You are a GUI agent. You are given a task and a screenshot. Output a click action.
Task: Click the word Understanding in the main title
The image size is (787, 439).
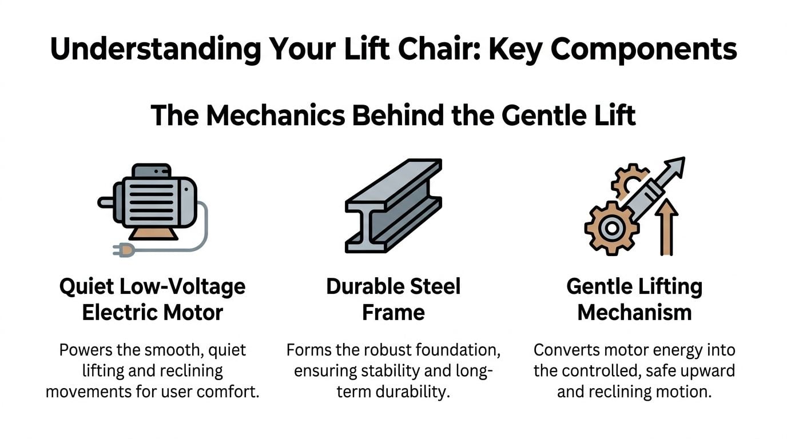156,49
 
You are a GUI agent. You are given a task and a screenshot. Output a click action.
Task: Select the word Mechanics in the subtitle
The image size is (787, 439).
276,115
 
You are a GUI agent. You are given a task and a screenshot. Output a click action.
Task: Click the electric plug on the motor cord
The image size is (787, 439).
124,250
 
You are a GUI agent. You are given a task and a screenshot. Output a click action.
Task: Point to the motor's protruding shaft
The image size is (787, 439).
105,202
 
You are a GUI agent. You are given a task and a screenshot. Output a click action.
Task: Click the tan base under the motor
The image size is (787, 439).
153,233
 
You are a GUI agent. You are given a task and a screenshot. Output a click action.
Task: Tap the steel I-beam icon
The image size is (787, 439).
393,205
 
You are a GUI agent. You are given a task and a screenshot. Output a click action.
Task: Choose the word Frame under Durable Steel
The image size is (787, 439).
393,313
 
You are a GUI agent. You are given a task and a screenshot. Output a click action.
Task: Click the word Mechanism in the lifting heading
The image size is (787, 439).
634,313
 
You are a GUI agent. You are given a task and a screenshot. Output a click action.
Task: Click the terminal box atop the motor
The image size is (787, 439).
152,171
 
